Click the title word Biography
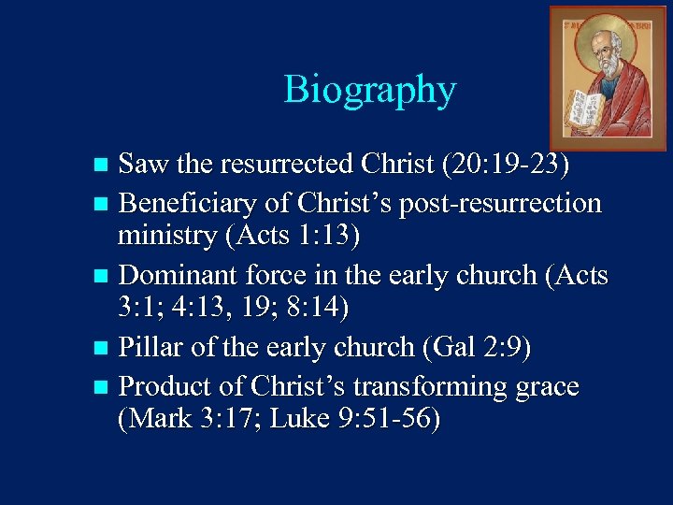point(370,90)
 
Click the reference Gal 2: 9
point(478,349)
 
